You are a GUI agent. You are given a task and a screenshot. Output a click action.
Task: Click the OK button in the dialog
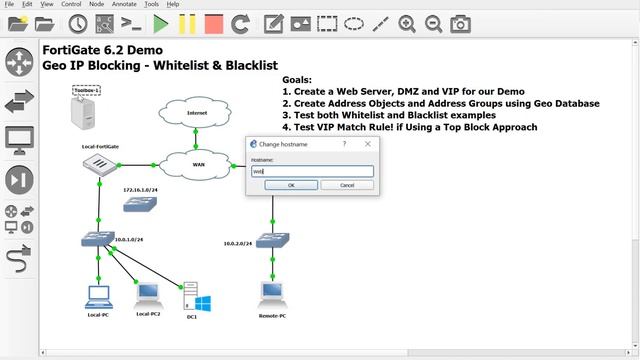coord(291,185)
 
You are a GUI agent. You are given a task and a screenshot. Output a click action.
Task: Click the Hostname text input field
coord(311,171)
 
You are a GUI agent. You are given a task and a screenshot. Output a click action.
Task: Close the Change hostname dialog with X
coord(369,144)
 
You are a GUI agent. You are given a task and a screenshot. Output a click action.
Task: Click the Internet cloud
coord(197,113)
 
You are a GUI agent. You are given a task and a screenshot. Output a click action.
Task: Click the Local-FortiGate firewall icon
coord(99,165)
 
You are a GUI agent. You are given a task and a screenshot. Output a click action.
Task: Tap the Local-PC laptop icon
coord(98,296)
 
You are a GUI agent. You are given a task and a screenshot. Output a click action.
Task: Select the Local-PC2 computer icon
coord(148,293)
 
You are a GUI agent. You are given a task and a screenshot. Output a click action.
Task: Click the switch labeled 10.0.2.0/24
coord(271,240)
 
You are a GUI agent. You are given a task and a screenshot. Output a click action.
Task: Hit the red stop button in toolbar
coord(213,22)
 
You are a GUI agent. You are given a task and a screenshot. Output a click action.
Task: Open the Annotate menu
coord(125,4)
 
